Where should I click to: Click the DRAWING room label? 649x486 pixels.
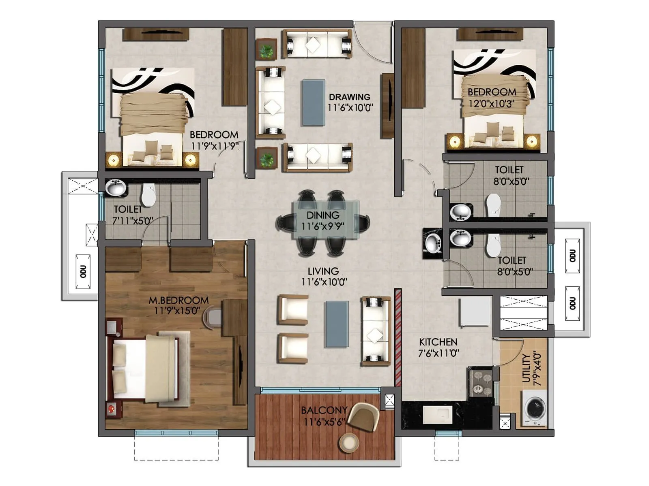(349, 97)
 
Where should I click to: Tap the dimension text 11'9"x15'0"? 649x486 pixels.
(177, 311)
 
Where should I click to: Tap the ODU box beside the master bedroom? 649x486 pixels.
(83, 272)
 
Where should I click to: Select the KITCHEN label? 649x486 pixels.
(438, 342)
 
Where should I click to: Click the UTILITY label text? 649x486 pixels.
(527, 369)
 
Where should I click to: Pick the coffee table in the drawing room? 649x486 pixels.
(313, 102)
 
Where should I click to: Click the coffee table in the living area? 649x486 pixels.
(337, 324)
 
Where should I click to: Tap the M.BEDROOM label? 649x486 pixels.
(178, 301)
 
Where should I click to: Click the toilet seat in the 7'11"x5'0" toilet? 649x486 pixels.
(148, 194)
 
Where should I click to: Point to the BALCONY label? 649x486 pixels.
(324, 410)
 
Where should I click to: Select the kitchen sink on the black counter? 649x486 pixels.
(437, 414)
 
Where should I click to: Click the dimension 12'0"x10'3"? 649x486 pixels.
(491, 103)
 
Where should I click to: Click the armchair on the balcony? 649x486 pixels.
(363, 417)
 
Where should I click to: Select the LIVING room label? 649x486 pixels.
(323, 271)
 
